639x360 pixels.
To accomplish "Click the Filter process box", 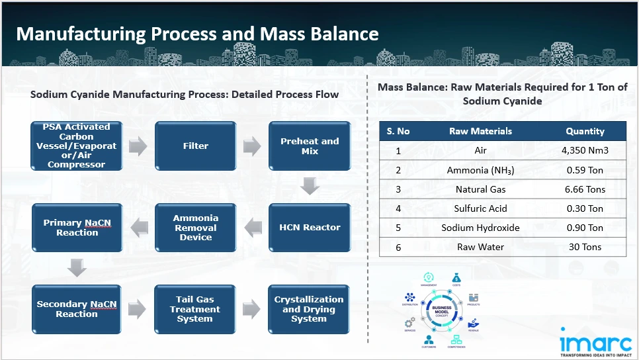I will [x=195, y=146].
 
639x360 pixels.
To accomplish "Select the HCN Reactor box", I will [x=310, y=228].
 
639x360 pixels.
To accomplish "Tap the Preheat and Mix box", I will [x=310, y=146].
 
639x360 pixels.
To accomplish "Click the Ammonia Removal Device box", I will [x=195, y=228].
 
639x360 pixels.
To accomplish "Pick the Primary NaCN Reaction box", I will [x=77, y=228].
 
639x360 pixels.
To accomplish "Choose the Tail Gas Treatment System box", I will [x=195, y=309].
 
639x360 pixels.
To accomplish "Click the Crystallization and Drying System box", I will [x=310, y=309].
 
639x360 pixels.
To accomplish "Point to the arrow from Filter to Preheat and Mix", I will [x=252, y=146].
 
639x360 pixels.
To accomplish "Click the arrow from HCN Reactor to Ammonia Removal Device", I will [x=253, y=228].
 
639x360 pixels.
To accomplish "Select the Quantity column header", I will [x=585, y=131].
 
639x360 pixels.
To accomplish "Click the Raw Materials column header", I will [x=480, y=131].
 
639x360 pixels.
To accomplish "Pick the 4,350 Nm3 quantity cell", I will [x=585, y=151].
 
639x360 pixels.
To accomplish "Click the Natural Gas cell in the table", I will [x=480, y=189].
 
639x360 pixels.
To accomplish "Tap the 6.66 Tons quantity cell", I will [x=585, y=189].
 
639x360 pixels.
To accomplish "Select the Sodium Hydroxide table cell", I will [x=480, y=228].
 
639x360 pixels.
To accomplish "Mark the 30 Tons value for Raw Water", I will [x=585, y=247].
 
